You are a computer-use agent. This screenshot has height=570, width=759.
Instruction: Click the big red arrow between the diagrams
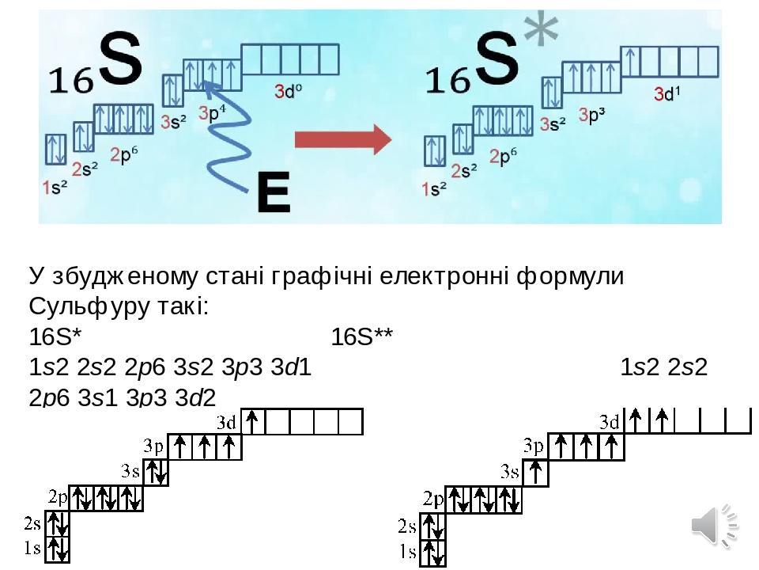coord(342,142)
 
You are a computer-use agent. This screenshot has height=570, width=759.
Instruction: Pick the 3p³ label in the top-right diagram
coord(592,116)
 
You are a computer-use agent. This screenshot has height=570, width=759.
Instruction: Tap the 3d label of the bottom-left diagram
coord(227,421)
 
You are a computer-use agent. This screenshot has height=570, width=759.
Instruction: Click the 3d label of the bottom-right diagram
coord(610,422)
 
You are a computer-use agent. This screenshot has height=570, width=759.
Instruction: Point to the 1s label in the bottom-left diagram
coord(32,548)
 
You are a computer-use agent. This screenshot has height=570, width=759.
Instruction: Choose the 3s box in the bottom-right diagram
coord(537,473)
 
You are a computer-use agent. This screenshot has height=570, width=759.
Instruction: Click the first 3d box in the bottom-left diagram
coord(253,421)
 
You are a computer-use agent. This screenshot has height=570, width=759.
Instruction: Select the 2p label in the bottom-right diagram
coord(433,499)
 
